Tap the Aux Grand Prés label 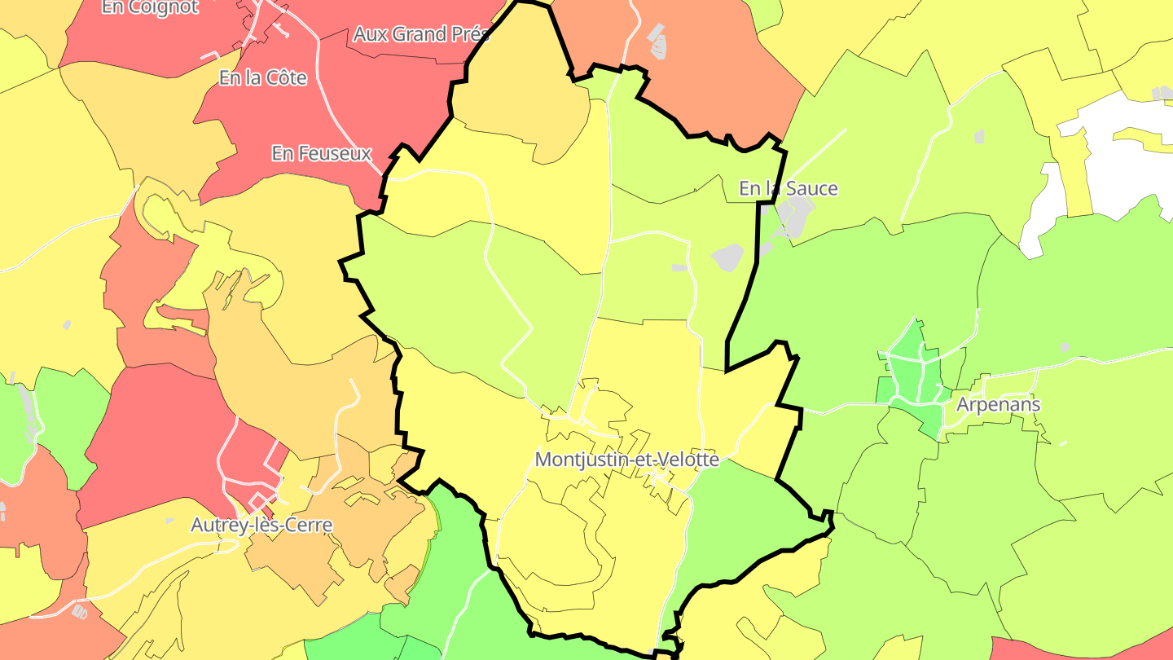421,34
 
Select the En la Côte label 263,78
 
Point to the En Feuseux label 322,153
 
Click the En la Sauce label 788,189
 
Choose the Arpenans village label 998,404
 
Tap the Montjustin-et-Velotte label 626,460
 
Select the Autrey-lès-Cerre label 261,525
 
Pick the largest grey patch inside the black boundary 728,257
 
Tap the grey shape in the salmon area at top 656,41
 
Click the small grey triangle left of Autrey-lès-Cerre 169,521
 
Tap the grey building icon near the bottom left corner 80,611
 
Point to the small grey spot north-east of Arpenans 1064,347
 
